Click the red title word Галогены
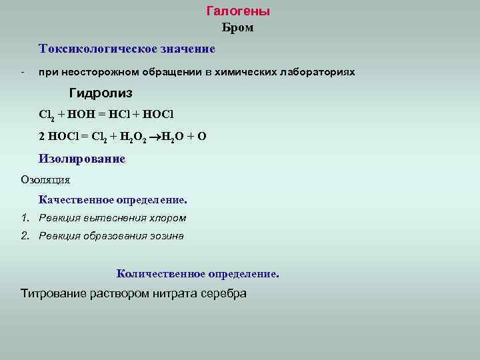click(238, 11)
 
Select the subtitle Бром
click(237, 29)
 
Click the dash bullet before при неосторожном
click(23, 71)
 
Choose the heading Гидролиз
click(101, 93)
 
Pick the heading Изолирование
click(82, 159)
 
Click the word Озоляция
click(45, 180)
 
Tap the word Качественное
click(76, 200)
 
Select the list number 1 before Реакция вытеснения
click(25, 218)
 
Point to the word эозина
click(166, 235)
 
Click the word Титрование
click(53, 294)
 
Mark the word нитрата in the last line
click(171, 294)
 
